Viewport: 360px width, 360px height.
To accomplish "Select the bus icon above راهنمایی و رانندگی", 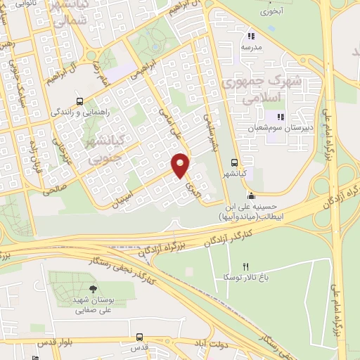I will tap(80, 101).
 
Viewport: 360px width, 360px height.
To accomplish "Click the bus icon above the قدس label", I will tap(139, 337).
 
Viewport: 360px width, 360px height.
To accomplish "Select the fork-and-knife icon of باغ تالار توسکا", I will tap(245, 266).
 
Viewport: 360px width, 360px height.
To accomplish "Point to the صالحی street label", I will tap(54, 188).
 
